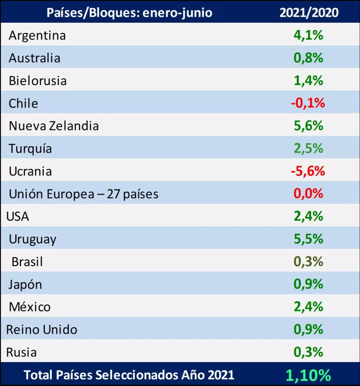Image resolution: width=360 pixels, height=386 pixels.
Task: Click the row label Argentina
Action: click(37, 36)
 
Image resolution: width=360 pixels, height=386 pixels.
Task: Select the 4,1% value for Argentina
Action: click(308, 35)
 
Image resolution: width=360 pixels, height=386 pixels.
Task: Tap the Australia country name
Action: click(34, 58)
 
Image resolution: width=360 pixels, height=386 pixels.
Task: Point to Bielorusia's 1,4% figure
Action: click(308, 80)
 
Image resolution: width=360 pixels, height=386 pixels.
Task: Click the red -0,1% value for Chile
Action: click(308, 103)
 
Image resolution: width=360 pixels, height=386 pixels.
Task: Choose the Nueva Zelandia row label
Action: click(54, 126)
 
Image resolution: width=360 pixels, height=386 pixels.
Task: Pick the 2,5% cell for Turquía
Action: click(308, 148)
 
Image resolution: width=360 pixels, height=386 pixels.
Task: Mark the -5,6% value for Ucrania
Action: click(308, 171)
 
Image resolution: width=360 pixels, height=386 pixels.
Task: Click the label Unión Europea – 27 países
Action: click(84, 194)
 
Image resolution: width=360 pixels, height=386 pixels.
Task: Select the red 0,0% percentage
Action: click(308, 194)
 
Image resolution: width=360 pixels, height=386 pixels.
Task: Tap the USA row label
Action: click(18, 217)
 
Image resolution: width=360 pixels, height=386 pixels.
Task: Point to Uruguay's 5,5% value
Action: click(308, 239)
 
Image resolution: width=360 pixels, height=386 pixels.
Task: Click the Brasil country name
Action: click(27, 262)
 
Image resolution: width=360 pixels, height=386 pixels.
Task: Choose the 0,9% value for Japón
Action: click(308, 284)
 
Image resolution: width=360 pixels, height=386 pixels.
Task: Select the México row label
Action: click(30, 307)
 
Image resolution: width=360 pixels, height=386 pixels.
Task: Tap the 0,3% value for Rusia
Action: click(308, 352)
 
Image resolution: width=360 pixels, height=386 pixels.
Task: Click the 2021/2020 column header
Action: click(309, 12)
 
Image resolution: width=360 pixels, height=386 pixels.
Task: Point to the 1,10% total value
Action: click(308, 375)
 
